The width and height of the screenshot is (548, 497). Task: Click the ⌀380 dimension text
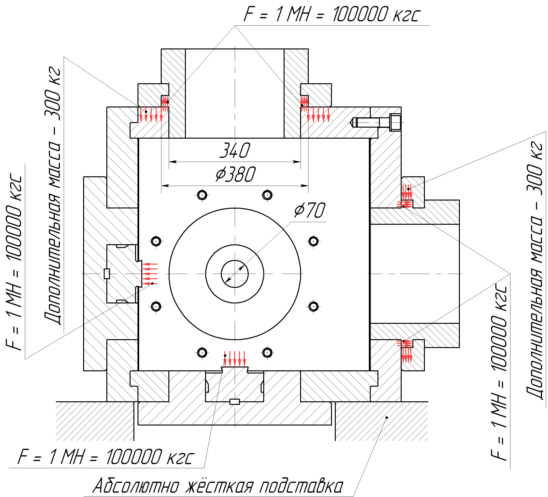pyautogui.click(x=235, y=174)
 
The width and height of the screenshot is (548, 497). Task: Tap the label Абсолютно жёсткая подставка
pyautogui.click(x=218, y=470)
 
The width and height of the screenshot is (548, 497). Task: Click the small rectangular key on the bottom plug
pyautogui.click(x=234, y=402)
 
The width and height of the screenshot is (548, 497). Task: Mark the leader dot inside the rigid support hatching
pyautogui.click(x=387, y=418)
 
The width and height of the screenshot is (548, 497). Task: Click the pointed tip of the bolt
pyautogui.click(x=351, y=123)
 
